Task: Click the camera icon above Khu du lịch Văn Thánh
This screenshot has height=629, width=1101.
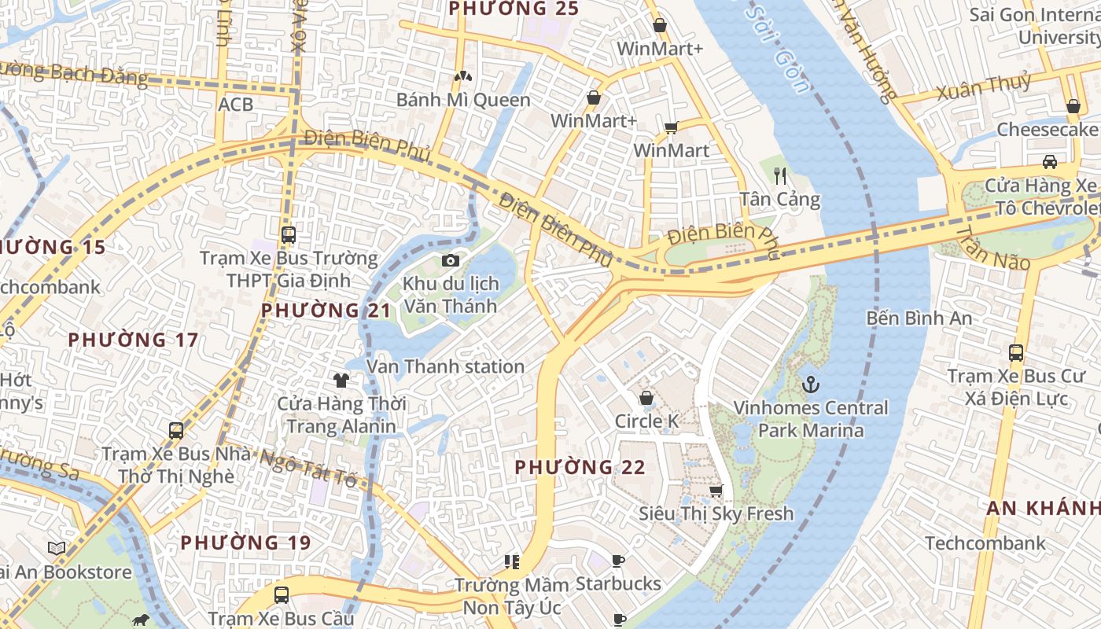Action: (451, 260)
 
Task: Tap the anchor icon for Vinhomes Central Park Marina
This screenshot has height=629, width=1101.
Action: (810, 385)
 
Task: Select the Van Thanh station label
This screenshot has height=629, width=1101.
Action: (445, 366)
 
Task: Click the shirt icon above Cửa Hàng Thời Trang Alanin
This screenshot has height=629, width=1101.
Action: (341, 381)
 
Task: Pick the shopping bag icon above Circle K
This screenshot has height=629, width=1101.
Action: (646, 399)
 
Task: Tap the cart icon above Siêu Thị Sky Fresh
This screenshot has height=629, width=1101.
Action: (716, 491)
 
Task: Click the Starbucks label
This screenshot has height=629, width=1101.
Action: (618, 584)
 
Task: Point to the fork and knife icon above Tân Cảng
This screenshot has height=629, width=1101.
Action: (780, 175)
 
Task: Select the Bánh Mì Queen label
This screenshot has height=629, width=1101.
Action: (463, 100)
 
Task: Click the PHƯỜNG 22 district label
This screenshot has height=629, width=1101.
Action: (580, 468)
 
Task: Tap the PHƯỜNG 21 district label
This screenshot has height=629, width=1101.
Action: (326, 311)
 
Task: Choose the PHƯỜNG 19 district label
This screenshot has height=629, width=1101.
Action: (245, 543)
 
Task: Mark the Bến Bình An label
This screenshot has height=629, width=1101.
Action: (919, 318)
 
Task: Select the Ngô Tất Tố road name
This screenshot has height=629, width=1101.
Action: (308, 467)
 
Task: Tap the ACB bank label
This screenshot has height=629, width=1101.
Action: (236, 104)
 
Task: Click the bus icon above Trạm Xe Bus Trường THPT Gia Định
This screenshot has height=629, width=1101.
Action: (289, 234)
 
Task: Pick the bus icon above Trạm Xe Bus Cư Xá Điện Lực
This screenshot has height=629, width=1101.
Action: (1016, 353)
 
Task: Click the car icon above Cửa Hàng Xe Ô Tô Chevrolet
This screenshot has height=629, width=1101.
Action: (1050, 162)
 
